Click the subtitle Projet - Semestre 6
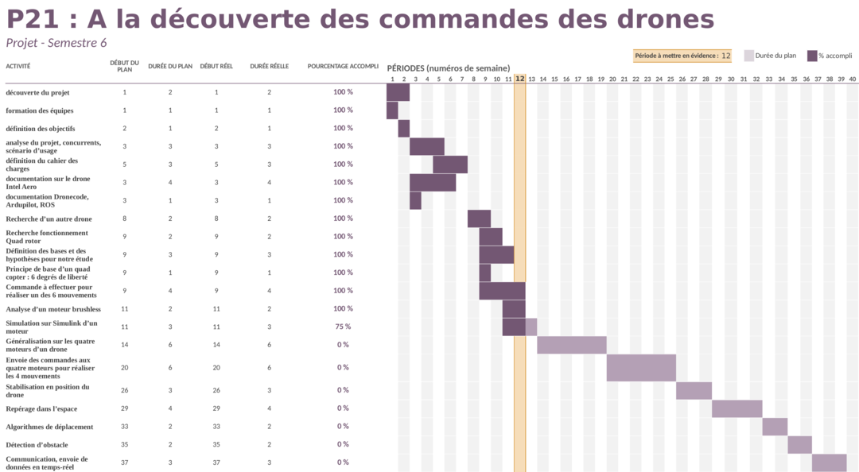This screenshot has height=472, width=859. tap(56, 43)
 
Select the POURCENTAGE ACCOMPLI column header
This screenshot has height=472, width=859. tap(343, 66)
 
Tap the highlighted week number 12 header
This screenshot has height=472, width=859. tap(519, 79)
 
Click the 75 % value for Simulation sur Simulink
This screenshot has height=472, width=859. tap(343, 327)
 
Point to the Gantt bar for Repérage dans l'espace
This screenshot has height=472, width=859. tap(737, 408)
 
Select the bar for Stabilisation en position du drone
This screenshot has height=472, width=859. tap(694, 390)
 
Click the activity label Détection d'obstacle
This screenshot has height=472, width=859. tap(37, 445)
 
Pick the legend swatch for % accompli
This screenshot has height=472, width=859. tap(812, 56)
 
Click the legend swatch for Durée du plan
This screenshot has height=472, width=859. tap(748, 56)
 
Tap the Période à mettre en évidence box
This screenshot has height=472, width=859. tap(682, 56)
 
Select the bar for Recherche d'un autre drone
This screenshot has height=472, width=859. tap(479, 219)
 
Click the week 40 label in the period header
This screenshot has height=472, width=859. tap(852, 79)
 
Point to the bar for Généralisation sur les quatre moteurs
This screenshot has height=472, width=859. tap(571, 345)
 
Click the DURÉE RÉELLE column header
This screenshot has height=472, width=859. tap(269, 66)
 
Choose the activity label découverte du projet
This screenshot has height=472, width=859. tap(37, 92)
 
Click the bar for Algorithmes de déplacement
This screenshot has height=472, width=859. tap(775, 427)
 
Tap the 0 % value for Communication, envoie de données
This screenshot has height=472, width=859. tap(343, 462)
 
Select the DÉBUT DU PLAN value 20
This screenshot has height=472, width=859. tap(124, 368)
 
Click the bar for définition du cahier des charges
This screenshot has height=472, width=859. tap(450, 164)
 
